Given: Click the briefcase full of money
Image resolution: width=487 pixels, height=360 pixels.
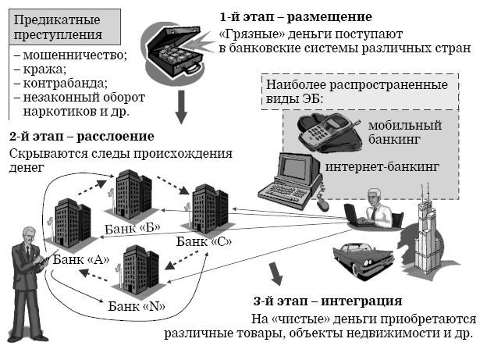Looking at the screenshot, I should (172, 46).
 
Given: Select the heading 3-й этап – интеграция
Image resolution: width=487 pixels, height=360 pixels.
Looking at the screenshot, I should (328, 301).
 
